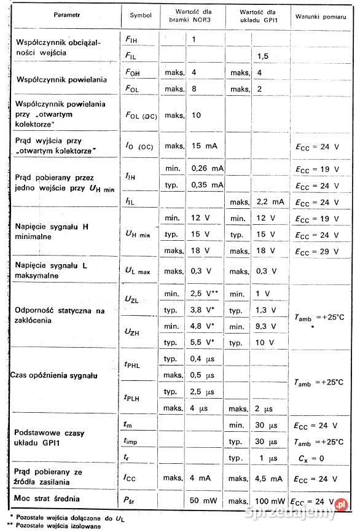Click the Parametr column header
coord(66,14)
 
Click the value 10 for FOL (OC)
coord(197,115)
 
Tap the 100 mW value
coord(270,499)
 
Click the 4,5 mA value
coord(269,477)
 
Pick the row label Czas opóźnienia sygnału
coord(55,374)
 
